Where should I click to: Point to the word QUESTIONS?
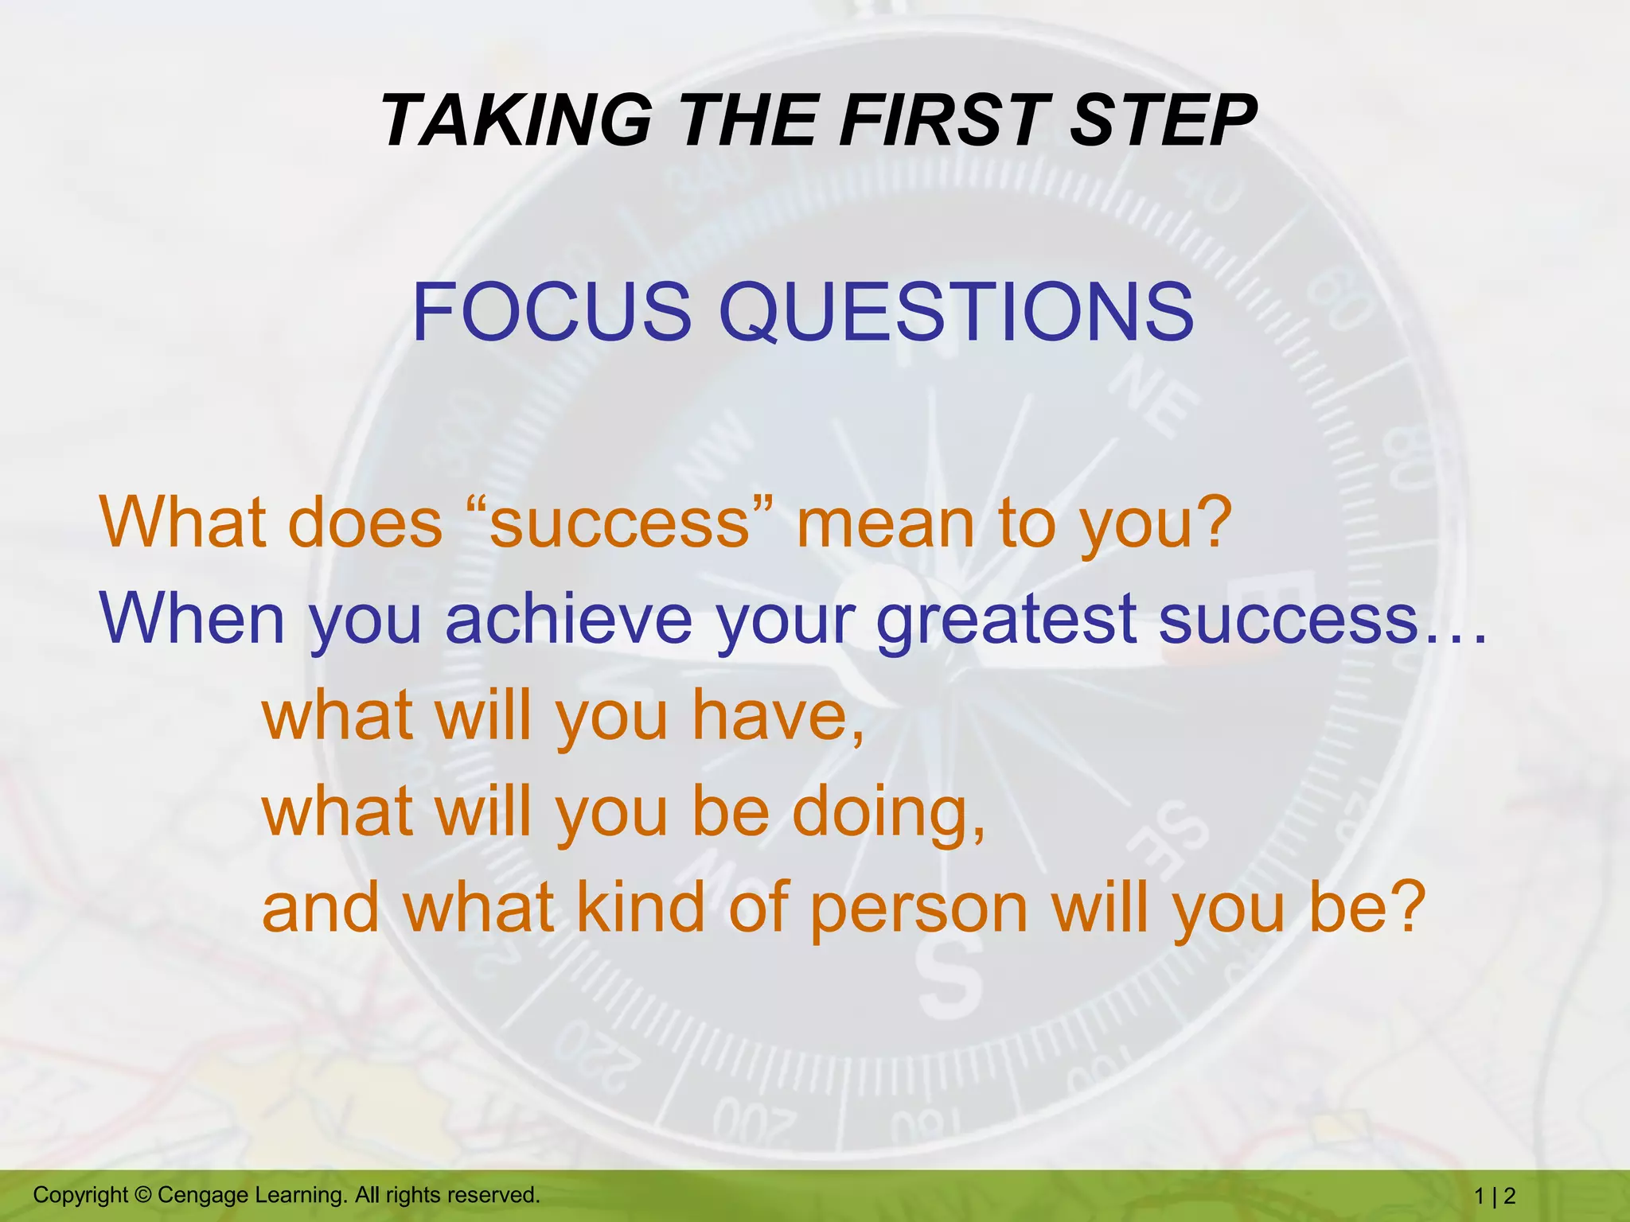pos(956,313)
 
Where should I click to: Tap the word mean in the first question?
pos(885,525)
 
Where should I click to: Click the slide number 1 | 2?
pos(1495,1196)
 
